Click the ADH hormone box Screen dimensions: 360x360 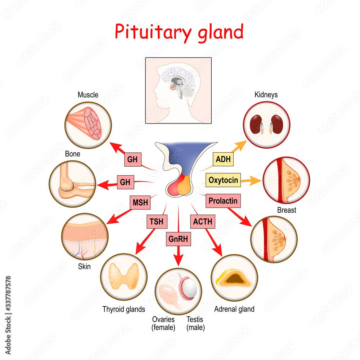(223, 159)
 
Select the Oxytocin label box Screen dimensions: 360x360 (223, 180)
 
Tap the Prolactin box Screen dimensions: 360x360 (223, 201)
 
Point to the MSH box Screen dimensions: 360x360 (140, 203)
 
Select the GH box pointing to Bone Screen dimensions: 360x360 (125, 182)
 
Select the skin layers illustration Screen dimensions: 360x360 (85, 236)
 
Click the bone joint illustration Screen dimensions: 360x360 (73, 184)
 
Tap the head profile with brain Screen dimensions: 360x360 (178, 90)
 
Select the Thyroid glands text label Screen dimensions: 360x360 (123, 309)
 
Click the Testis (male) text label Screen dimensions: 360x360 (195, 323)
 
